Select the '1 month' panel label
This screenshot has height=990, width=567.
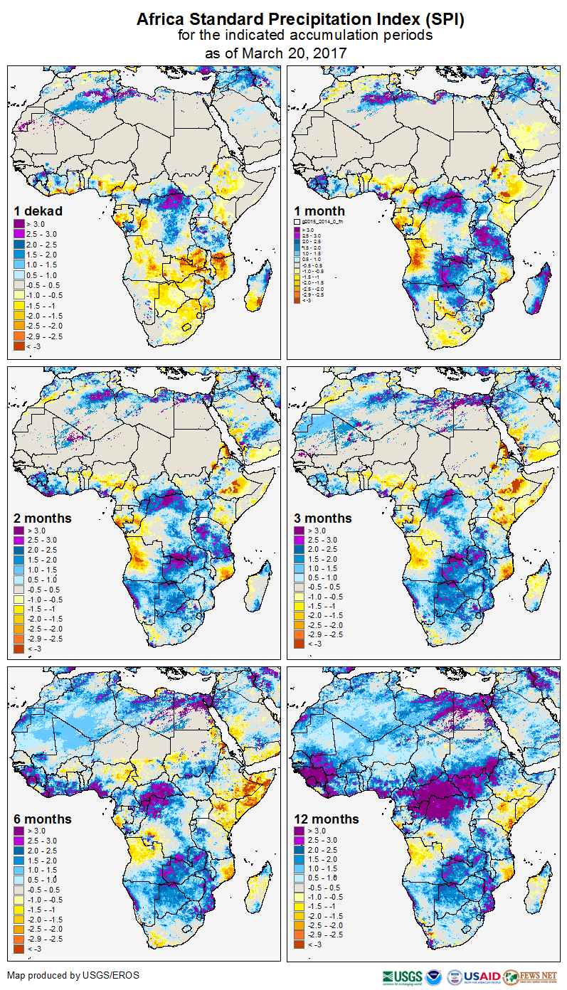click(x=319, y=211)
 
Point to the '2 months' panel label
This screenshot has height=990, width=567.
click(x=43, y=518)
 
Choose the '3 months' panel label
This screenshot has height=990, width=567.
click(x=323, y=518)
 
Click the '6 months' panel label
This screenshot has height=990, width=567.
click(x=43, y=819)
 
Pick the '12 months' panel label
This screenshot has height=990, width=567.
click(x=327, y=819)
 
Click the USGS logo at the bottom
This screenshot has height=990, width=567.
click(x=403, y=976)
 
